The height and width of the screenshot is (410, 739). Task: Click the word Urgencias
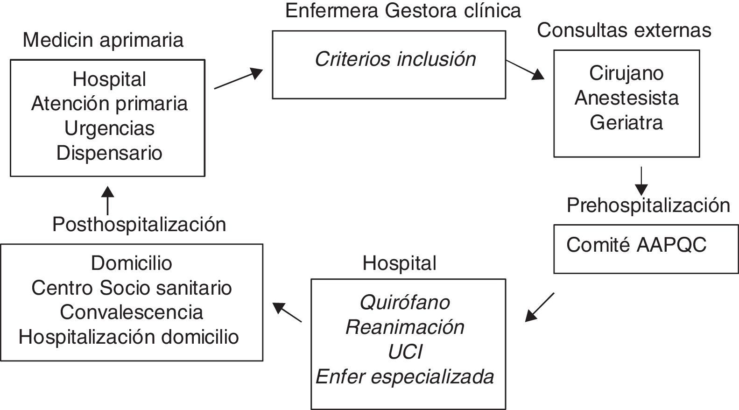109,128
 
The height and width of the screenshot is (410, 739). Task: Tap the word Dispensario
109,153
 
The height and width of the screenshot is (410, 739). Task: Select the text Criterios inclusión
395,59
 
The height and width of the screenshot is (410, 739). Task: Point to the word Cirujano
626,73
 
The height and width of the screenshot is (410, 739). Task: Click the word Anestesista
626,98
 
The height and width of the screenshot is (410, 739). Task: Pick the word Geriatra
626,123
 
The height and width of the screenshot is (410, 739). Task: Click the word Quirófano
405,303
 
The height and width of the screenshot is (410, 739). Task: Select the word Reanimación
405,327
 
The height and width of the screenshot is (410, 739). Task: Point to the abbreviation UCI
405,352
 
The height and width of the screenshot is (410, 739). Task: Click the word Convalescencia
131,312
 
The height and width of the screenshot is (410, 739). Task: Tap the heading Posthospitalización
139,225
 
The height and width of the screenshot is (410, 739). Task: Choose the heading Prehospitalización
648,205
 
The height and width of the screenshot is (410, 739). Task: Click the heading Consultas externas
624,30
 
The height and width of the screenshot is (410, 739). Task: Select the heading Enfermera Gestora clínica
403,11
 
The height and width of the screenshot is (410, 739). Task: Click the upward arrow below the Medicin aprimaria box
108,200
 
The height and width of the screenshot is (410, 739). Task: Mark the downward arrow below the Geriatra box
641,181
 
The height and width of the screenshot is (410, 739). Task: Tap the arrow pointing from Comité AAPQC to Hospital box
540,307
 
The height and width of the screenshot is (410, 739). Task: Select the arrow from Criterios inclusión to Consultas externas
525,69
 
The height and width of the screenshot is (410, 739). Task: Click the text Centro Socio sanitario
131,288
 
